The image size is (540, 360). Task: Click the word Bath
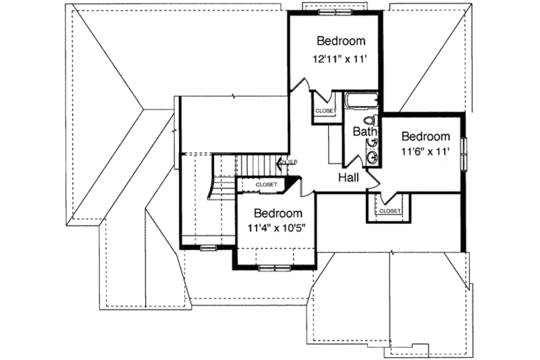[x=364, y=132]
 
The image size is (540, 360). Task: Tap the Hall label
[x=349, y=177]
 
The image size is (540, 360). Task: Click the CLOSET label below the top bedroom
[x=325, y=111]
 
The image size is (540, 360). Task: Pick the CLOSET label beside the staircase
[x=267, y=183]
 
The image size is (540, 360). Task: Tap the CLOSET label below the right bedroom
[x=389, y=211]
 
